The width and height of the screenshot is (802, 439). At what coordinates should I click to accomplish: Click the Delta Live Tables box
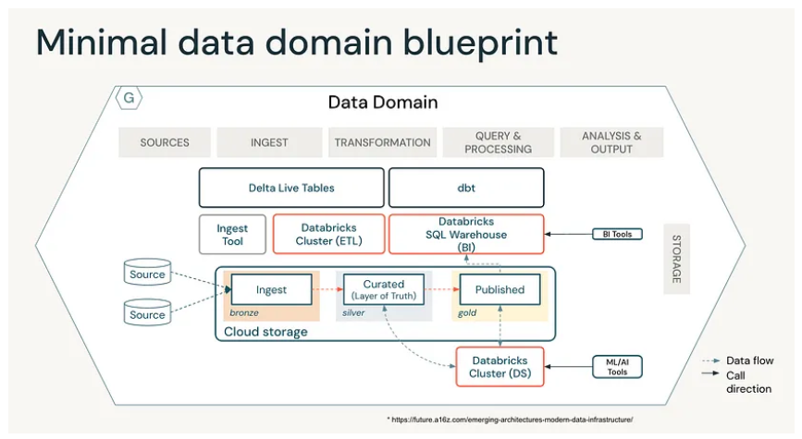tap(291, 188)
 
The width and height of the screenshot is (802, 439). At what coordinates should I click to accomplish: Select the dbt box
tap(466, 188)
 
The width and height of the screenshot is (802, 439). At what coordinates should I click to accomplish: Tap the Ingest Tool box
tap(232, 235)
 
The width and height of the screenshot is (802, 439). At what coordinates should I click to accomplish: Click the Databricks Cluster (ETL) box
tap(329, 235)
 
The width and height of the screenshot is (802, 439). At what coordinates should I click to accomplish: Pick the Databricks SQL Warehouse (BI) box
tap(466, 235)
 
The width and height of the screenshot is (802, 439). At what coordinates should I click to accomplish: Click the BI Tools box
tap(617, 234)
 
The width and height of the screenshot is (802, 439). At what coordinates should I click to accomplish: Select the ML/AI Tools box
tap(617, 367)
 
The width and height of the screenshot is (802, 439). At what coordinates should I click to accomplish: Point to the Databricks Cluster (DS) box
tap(500, 367)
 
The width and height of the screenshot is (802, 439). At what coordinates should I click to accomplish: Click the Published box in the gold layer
tap(500, 290)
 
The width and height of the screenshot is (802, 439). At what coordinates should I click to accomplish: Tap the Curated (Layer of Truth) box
tap(384, 290)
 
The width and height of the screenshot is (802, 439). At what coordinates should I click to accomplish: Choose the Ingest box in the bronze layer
tap(271, 290)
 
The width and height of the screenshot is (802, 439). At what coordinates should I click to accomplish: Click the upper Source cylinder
tap(147, 272)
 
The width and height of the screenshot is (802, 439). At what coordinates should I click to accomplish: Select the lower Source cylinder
tap(147, 312)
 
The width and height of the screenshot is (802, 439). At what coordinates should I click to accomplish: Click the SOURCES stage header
tap(165, 142)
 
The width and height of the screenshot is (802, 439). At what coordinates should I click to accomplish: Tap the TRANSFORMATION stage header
tap(383, 142)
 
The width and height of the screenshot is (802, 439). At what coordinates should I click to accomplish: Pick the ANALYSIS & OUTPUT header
tap(611, 142)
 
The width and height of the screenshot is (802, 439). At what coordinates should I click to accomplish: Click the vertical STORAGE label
tap(676, 259)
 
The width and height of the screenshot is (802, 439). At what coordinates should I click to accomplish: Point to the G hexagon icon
tap(129, 98)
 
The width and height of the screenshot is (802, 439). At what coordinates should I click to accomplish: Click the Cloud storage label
tap(265, 332)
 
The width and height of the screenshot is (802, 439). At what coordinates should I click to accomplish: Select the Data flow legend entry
tap(737, 360)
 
